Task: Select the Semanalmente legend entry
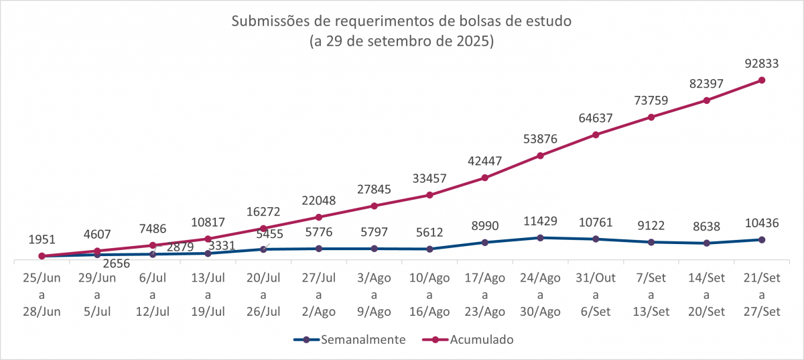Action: click(x=363, y=340)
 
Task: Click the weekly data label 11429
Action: click(x=540, y=222)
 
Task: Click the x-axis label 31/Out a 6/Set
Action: click(x=595, y=294)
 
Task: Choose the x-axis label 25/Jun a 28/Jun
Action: click(x=42, y=294)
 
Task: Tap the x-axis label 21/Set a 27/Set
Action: click(x=762, y=294)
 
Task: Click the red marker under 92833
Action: click(x=762, y=80)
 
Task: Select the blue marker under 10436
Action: click(x=762, y=239)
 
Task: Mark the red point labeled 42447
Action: click(x=484, y=178)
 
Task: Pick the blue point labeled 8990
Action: click(x=484, y=242)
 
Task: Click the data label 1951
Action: click(x=42, y=239)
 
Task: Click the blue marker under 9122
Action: click(x=651, y=242)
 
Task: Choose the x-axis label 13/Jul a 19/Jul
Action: click(x=208, y=294)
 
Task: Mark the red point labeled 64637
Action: click(x=595, y=135)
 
